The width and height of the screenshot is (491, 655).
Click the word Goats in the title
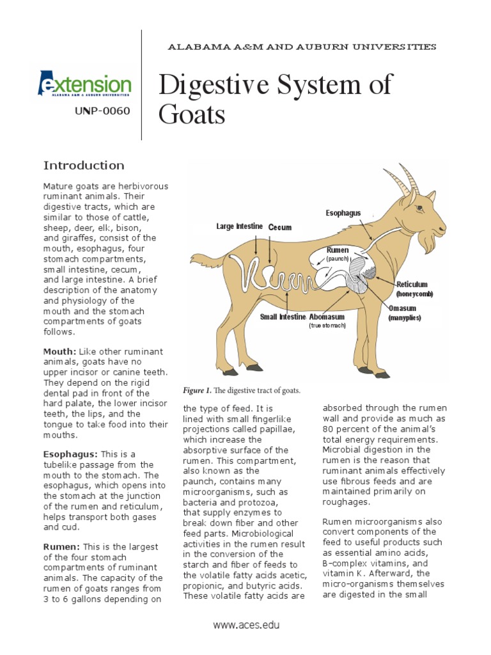click(191, 115)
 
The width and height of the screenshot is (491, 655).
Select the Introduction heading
click(84, 166)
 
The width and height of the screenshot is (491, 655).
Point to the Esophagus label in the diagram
click(343, 212)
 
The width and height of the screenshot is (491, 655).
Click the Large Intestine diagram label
click(240, 226)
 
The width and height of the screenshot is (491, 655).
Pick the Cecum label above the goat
click(279, 227)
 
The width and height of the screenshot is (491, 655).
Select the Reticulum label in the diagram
click(412, 284)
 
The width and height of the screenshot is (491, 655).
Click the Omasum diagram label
click(403, 308)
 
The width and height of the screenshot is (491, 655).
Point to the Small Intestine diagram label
click(283, 317)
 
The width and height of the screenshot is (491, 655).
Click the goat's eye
click(419, 208)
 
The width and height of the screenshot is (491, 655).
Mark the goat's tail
click(203, 260)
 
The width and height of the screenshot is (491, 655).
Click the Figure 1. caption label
click(197, 390)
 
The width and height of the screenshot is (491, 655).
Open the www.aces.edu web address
click(245, 625)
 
